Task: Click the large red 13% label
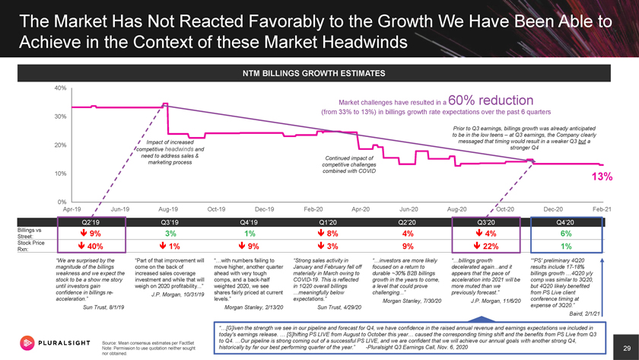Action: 593,177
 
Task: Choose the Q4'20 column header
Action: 561,221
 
